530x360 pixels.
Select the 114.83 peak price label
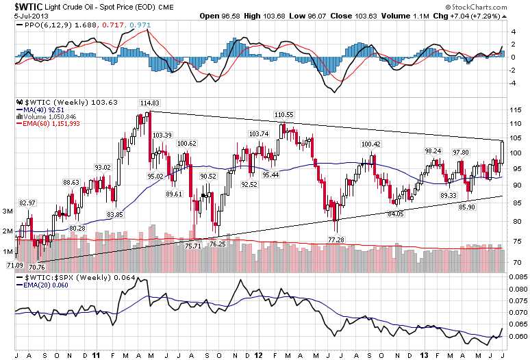click(149, 103)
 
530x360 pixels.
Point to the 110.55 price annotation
click(283, 114)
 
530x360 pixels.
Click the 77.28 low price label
click(336, 240)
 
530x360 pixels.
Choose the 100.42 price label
click(370, 144)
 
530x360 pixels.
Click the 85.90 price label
click(467, 207)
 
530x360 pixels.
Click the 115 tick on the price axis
click(516, 110)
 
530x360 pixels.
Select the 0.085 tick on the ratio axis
click(518, 277)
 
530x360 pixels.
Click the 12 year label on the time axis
click(258, 355)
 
